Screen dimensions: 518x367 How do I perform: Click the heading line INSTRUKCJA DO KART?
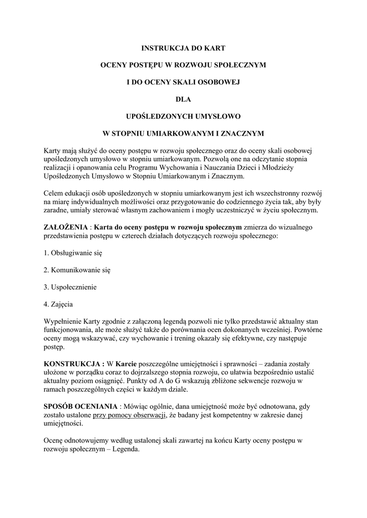click(183, 49)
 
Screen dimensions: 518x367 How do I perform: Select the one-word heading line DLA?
click(183, 100)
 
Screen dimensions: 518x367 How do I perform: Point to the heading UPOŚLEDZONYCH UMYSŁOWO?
click(183, 117)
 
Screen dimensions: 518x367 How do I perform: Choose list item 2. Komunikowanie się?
click(77, 270)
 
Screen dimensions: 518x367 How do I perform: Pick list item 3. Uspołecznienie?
click(70, 287)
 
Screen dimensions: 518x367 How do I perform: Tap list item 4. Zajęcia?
click(59, 304)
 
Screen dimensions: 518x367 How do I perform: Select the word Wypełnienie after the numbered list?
click(66, 321)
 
